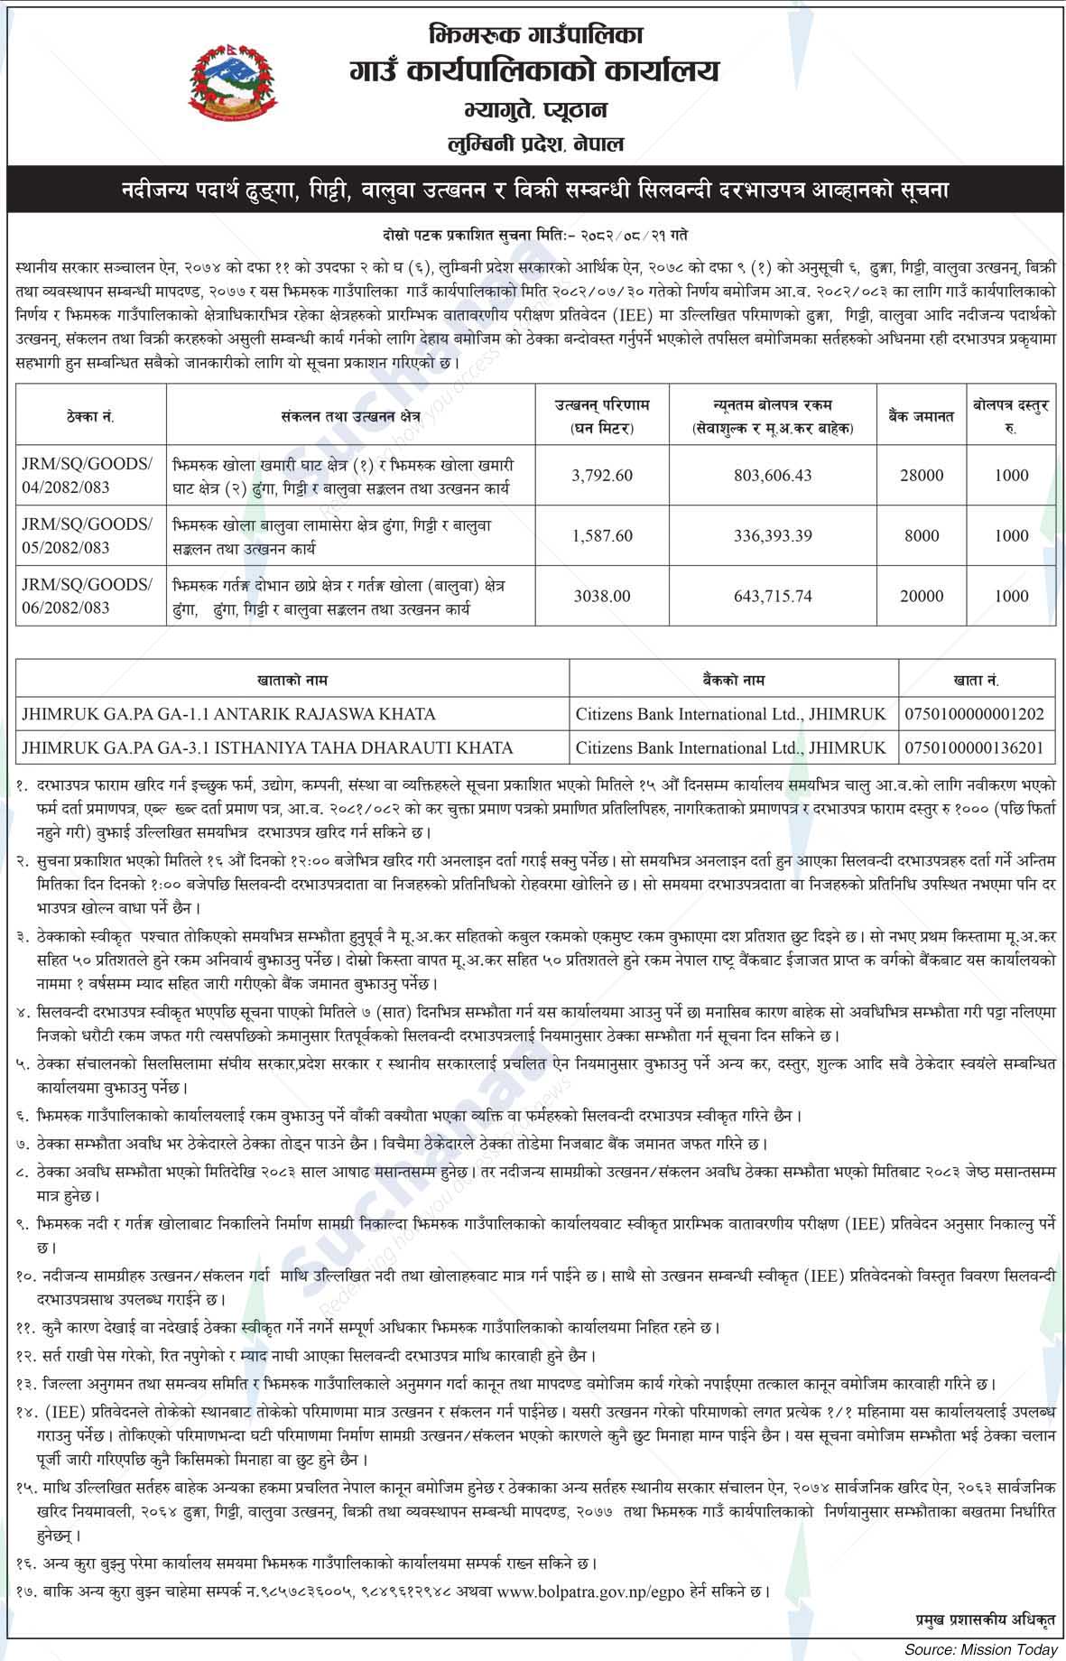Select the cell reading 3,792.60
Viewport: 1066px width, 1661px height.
pyautogui.click(x=602, y=475)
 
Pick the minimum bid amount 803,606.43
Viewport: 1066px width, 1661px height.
pyautogui.click(x=773, y=475)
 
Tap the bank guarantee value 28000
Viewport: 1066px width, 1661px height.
pyautogui.click(x=922, y=475)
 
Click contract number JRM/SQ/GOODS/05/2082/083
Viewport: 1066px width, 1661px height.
pyautogui.click(x=88, y=535)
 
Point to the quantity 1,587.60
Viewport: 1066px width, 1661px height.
pyautogui.click(x=602, y=535)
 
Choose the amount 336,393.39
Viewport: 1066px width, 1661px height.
pyautogui.click(x=773, y=535)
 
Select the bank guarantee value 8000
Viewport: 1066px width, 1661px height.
pyautogui.click(x=922, y=535)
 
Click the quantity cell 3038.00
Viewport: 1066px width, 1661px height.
pyautogui.click(x=602, y=596)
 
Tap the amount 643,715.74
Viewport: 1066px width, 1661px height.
pyautogui.click(x=773, y=596)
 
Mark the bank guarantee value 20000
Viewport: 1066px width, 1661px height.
pyautogui.click(x=922, y=596)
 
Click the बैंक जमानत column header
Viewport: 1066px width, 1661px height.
pyautogui.click(x=922, y=416)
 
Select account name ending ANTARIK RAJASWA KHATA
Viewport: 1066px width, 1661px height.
pyautogui.click(x=229, y=714)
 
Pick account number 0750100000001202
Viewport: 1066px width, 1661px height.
pyautogui.click(x=975, y=714)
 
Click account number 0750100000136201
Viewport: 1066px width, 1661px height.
pyautogui.click(x=975, y=747)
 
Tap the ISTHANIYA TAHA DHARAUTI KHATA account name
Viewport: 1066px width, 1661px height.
pyautogui.click(x=267, y=747)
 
